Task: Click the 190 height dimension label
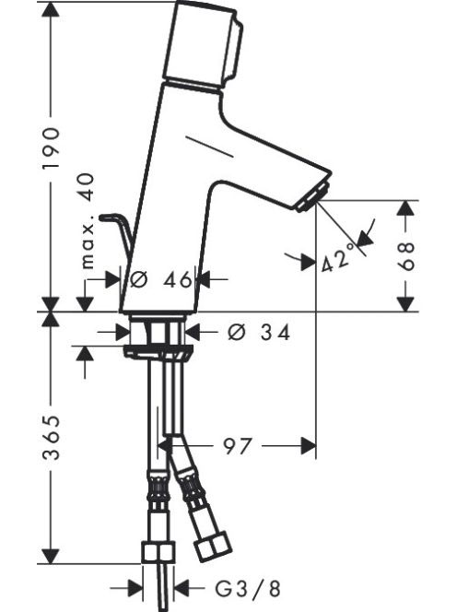(x=51, y=147)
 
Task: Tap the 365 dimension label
(x=51, y=438)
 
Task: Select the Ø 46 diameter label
(x=161, y=279)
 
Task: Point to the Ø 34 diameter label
(x=259, y=333)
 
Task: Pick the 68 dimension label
(x=406, y=256)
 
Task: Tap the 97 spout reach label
(x=237, y=446)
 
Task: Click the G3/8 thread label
(x=248, y=589)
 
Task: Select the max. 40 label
(x=88, y=221)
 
